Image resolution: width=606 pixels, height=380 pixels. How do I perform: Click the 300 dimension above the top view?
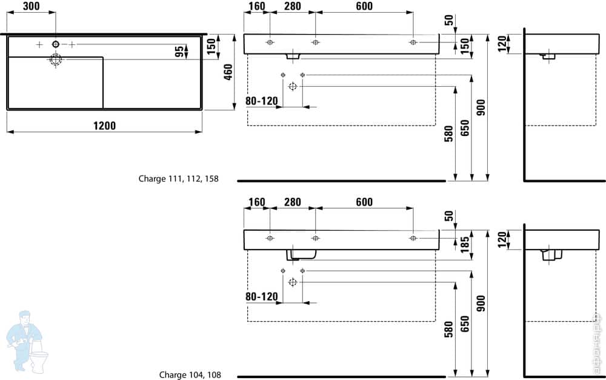click(x=32, y=6)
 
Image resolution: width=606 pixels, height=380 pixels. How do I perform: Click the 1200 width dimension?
click(x=104, y=126)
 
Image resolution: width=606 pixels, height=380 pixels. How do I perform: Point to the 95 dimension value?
click(x=179, y=51)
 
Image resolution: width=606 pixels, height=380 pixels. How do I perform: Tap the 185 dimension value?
click(x=465, y=245)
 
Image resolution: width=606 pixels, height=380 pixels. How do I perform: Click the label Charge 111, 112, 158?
click(x=178, y=179)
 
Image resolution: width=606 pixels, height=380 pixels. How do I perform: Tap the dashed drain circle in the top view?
click(x=56, y=59)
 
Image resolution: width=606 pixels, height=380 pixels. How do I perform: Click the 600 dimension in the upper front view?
click(x=364, y=6)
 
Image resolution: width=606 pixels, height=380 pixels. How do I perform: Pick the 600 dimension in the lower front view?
click(x=364, y=202)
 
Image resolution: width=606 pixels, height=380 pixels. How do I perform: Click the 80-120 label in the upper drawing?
click(x=261, y=101)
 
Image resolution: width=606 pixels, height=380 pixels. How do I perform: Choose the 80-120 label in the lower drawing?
click(x=261, y=296)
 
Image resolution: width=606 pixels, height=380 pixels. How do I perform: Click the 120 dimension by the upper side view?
click(x=501, y=43)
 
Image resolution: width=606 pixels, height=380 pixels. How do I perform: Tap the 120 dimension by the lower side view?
click(x=501, y=239)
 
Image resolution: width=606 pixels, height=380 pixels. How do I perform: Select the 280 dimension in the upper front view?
click(x=293, y=6)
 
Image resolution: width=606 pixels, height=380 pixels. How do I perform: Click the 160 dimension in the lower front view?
click(x=256, y=202)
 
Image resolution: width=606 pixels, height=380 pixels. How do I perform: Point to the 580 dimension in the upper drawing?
click(x=449, y=132)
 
